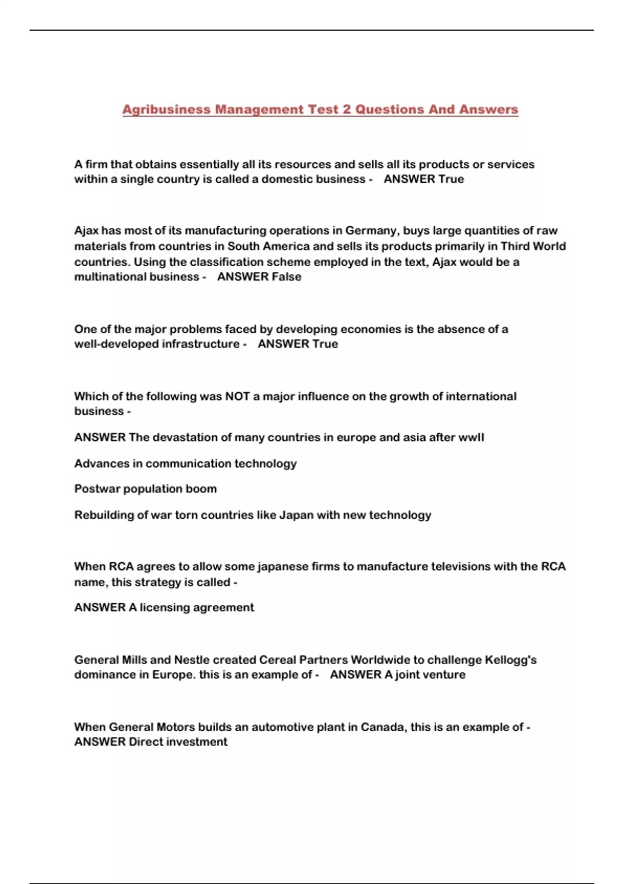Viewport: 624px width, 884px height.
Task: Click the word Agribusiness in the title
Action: (x=166, y=110)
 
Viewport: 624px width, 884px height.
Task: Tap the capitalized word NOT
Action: (x=237, y=397)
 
